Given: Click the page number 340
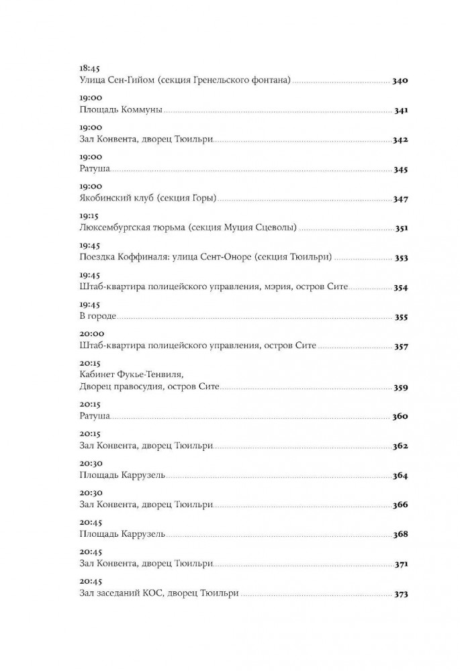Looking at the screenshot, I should pos(400,81).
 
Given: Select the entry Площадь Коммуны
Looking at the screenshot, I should pos(121,111).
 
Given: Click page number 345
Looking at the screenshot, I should pos(400,170).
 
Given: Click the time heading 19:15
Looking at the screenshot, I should pos(89,216).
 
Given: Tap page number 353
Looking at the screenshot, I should pos(401,258).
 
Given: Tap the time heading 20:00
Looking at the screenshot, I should pos(90,333).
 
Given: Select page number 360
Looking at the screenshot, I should pos(400,417).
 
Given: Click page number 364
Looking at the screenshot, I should pos(400,476).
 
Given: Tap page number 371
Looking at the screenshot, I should pos(401,564).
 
